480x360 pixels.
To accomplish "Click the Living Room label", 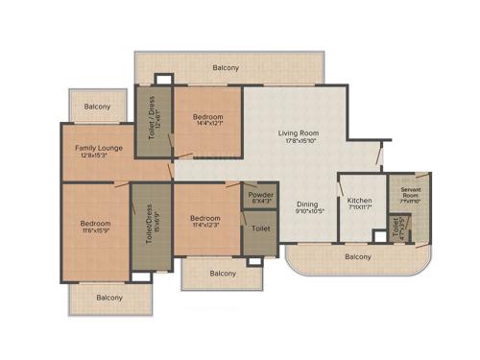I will tap(299, 132).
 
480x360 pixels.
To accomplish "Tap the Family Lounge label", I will tap(100, 148).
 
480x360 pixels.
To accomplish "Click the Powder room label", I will tap(261, 195).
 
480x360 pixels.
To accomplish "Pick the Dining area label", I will tap(307, 204).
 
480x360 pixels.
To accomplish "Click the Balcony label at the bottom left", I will tap(109, 298).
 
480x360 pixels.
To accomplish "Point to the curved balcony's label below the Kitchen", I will tap(358, 256).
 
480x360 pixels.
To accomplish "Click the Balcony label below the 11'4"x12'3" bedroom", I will tap(223, 274).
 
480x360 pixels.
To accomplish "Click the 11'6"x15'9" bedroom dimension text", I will tap(95, 231).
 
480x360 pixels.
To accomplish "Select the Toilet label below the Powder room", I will tap(260, 229).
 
